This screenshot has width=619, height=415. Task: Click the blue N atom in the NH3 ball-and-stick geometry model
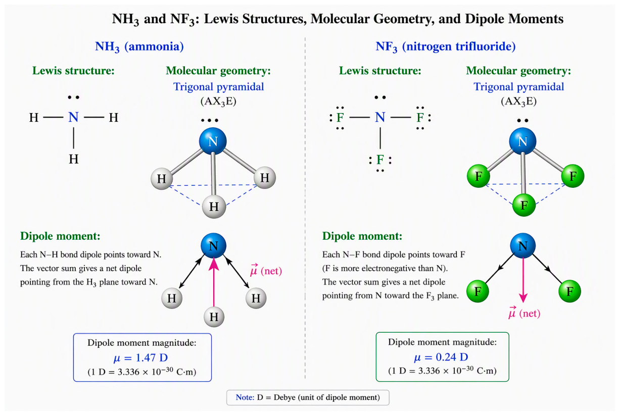pos(213,141)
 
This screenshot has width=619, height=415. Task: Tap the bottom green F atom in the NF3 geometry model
pos(523,205)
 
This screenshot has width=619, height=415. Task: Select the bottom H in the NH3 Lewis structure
pos(73,159)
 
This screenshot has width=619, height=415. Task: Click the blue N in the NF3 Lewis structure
pos(380,117)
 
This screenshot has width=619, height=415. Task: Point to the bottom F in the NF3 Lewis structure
pos(380,160)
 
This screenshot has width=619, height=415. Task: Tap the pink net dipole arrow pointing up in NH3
pos(214,282)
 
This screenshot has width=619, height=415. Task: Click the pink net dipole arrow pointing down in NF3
pos(523,280)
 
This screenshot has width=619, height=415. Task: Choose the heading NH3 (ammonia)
pos(139,46)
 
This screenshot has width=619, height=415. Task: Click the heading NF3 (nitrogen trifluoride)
pos(446,46)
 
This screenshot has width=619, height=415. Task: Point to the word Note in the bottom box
pos(245,397)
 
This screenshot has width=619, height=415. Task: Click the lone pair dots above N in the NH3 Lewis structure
pos(73,97)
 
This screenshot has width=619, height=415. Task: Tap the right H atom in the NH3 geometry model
pos(265,178)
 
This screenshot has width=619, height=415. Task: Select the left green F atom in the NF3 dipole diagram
pos(478,291)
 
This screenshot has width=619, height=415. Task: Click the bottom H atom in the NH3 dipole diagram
pos(214,317)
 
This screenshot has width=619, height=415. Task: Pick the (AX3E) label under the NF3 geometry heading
pos(518,101)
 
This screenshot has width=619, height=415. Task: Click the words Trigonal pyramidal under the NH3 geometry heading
pos(219,87)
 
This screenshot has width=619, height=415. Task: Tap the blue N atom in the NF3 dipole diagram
pos(522,245)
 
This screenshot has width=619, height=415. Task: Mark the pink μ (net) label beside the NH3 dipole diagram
pos(266,270)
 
